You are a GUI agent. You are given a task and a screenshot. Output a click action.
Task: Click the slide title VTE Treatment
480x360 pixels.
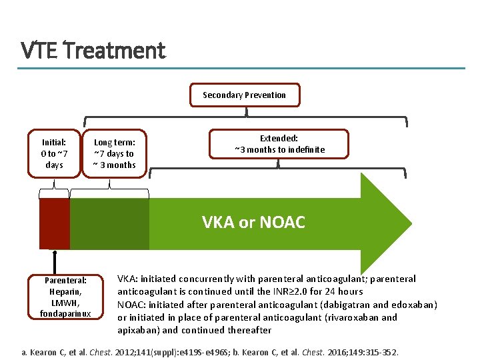click(x=93, y=50)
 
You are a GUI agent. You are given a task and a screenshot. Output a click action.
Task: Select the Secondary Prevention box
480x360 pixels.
click(x=244, y=95)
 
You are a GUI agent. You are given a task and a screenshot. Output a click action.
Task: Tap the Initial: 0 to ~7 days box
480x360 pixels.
click(x=54, y=153)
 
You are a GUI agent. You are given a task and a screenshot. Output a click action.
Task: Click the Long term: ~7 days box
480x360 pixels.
click(x=114, y=153)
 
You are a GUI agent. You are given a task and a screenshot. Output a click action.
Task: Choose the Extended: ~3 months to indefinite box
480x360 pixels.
click(x=279, y=144)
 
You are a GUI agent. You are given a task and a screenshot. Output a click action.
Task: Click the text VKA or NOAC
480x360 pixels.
click(x=253, y=223)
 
